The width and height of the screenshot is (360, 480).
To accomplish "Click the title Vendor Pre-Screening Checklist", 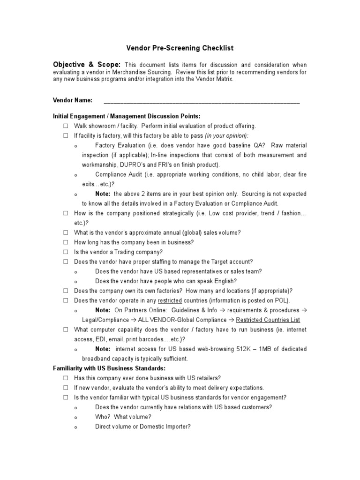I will tap(180, 48).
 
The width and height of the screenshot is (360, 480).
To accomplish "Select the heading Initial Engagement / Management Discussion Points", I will tap(127, 116).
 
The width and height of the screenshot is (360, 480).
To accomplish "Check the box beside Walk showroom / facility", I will tap(66, 126).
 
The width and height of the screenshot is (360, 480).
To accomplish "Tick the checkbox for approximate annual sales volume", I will tap(66, 232).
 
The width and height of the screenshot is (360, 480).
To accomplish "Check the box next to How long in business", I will tap(66, 242).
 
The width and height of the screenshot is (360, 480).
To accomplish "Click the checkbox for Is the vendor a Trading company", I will tap(66, 252).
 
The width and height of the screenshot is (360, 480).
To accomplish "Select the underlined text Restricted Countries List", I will tap(268, 320).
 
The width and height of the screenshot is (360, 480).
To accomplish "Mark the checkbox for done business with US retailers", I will tap(66, 378).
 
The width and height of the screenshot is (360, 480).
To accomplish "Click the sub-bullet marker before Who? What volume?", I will tap(76, 417).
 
